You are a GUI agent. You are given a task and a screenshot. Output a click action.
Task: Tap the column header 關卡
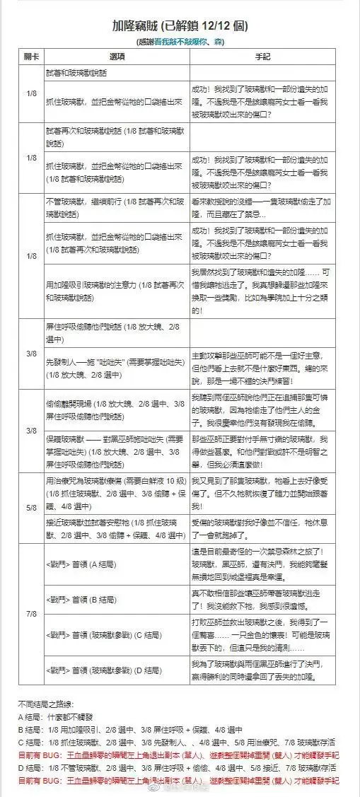tap(30, 55)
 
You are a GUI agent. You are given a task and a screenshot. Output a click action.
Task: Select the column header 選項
tap(117, 55)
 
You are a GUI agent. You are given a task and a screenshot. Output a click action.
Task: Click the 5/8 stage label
tap(30, 506)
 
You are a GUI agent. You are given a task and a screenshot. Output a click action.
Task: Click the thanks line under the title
tap(180, 42)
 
